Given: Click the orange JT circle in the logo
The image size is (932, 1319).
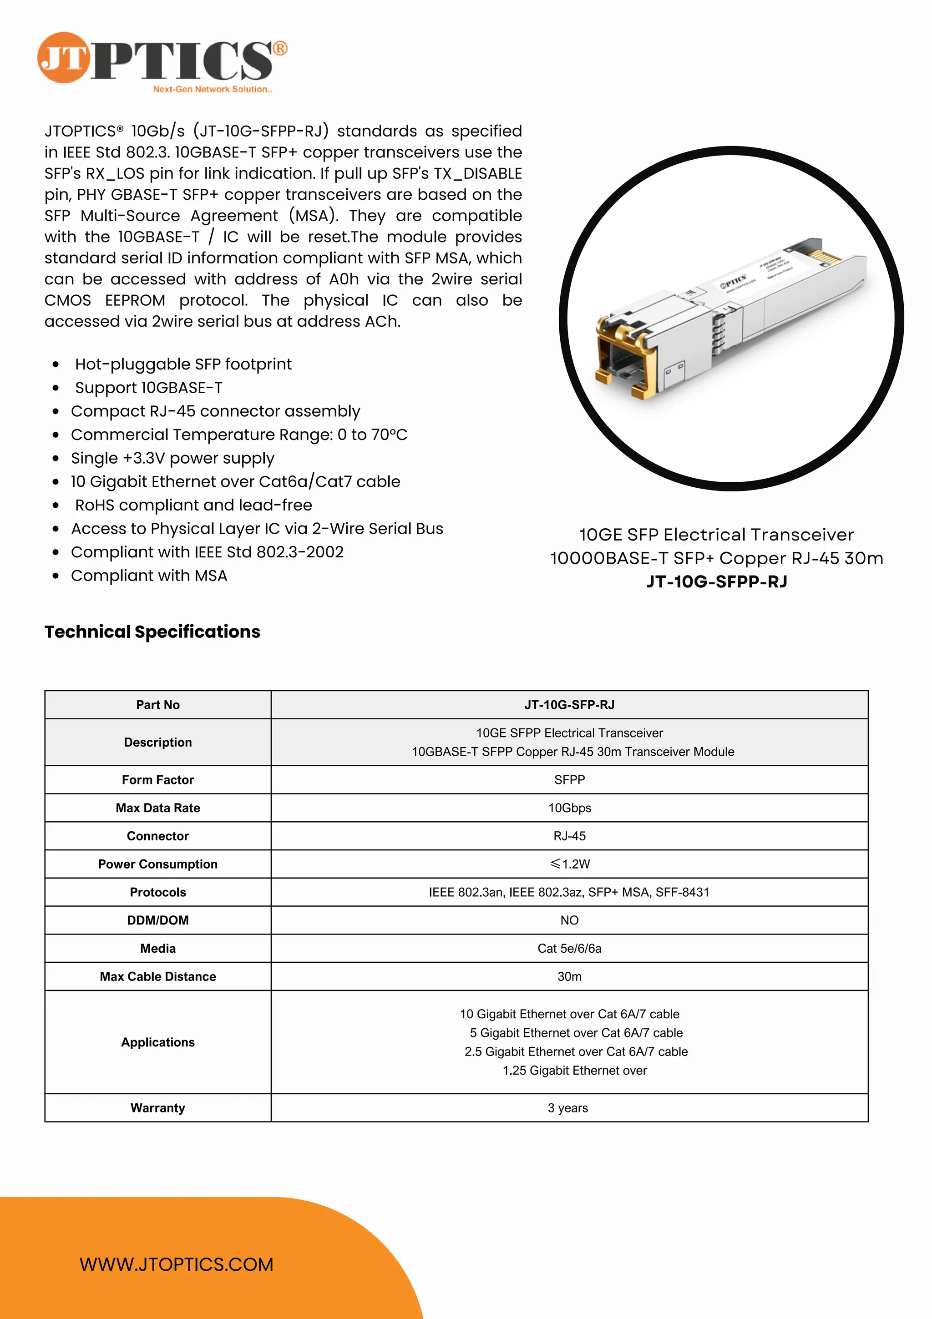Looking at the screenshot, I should coord(63,57).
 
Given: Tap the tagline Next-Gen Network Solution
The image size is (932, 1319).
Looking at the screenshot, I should coord(212,89).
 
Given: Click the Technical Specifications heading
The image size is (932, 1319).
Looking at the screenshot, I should coord(152,632).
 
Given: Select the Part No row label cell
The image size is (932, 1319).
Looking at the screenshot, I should coord(157,704).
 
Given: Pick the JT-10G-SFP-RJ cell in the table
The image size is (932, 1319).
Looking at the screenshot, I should coord(569,704).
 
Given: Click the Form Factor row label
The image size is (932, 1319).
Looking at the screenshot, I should coord(157,779).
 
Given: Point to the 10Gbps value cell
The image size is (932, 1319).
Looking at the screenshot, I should coord(569,808).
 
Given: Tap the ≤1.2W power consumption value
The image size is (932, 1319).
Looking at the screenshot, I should coord(569,864).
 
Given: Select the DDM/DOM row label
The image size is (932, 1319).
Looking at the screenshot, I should coord(157,920).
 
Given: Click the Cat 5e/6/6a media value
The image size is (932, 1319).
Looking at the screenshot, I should coord(569,949).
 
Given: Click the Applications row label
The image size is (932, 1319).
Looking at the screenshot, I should coord(157,1042).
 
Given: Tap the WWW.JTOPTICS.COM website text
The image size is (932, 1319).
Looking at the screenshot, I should coord(177,1264).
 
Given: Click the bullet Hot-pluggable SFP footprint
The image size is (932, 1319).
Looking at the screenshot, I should coord(183,364).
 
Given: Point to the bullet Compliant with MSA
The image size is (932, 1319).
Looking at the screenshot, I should coord(149,576).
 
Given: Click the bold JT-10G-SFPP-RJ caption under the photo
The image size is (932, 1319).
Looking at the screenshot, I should coord(717,581).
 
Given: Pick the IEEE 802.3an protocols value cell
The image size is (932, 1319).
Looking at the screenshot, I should coord(569,892).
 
